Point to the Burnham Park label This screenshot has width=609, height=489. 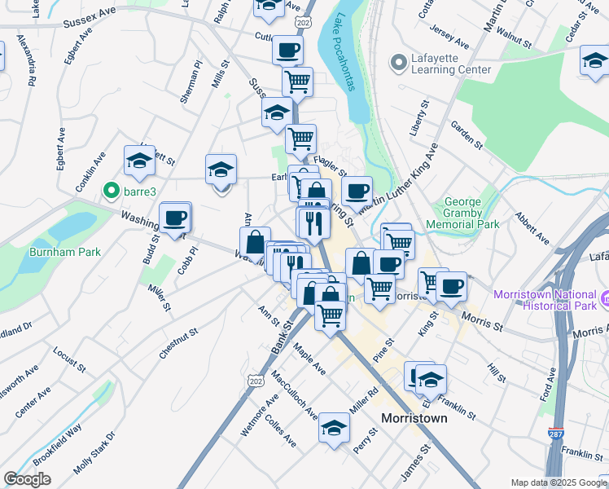[x=65, y=252]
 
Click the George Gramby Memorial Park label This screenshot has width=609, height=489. [x=472, y=213]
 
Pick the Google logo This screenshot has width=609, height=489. [x=27, y=478]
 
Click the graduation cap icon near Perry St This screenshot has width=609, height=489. [x=334, y=427]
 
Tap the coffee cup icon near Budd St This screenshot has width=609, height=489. [x=175, y=218]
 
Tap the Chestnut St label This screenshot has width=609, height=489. [x=179, y=343]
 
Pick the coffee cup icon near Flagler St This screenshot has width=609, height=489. [x=356, y=192]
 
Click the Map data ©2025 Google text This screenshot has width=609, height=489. [x=559, y=482]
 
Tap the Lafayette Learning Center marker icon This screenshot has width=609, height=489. [x=399, y=63]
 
